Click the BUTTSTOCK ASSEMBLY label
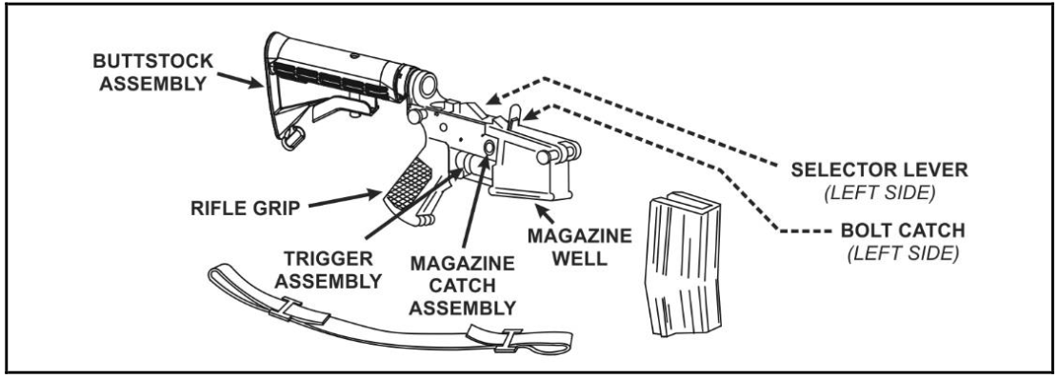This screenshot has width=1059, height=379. [x=152, y=72]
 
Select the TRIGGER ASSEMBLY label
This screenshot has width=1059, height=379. [x=329, y=269]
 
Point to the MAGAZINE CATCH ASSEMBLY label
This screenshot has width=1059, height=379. [x=463, y=285]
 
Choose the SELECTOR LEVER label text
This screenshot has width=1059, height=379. [x=879, y=170]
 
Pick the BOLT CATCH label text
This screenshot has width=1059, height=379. [x=902, y=230]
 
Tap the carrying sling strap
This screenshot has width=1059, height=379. [x=389, y=312]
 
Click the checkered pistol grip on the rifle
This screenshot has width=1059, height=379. [x=410, y=183]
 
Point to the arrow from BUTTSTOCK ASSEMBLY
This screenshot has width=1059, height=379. [x=240, y=80]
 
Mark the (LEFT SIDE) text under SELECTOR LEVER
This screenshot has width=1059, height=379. [x=879, y=193]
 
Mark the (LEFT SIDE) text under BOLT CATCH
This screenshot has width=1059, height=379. [x=902, y=254]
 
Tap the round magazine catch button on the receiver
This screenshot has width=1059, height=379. [x=489, y=147]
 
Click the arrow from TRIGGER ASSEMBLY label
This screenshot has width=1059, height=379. [x=414, y=205]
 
